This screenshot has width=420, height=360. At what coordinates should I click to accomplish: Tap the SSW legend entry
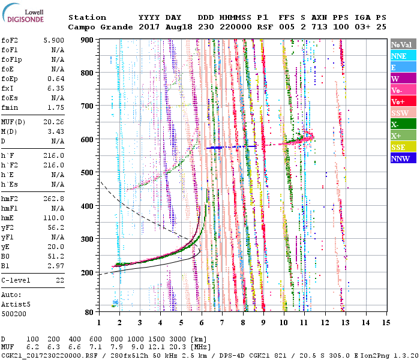coord(400,113)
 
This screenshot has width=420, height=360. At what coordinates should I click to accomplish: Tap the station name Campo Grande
coord(99,27)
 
